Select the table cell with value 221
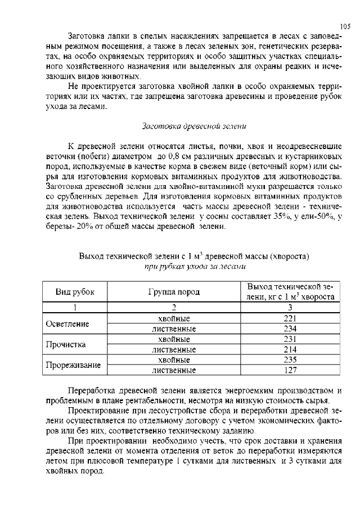(x=290, y=318)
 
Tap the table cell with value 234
(x=290, y=328)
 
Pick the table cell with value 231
(x=290, y=339)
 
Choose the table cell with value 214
(x=290, y=349)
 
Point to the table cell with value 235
(x=290, y=360)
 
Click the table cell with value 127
(x=290, y=370)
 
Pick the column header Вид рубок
(x=75, y=292)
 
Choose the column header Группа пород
(x=174, y=292)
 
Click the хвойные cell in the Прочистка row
(x=174, y=339)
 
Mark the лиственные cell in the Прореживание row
(x=174, y=370)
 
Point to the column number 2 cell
(x=174, y=308)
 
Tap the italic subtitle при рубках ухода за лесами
(x=194, y=266)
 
